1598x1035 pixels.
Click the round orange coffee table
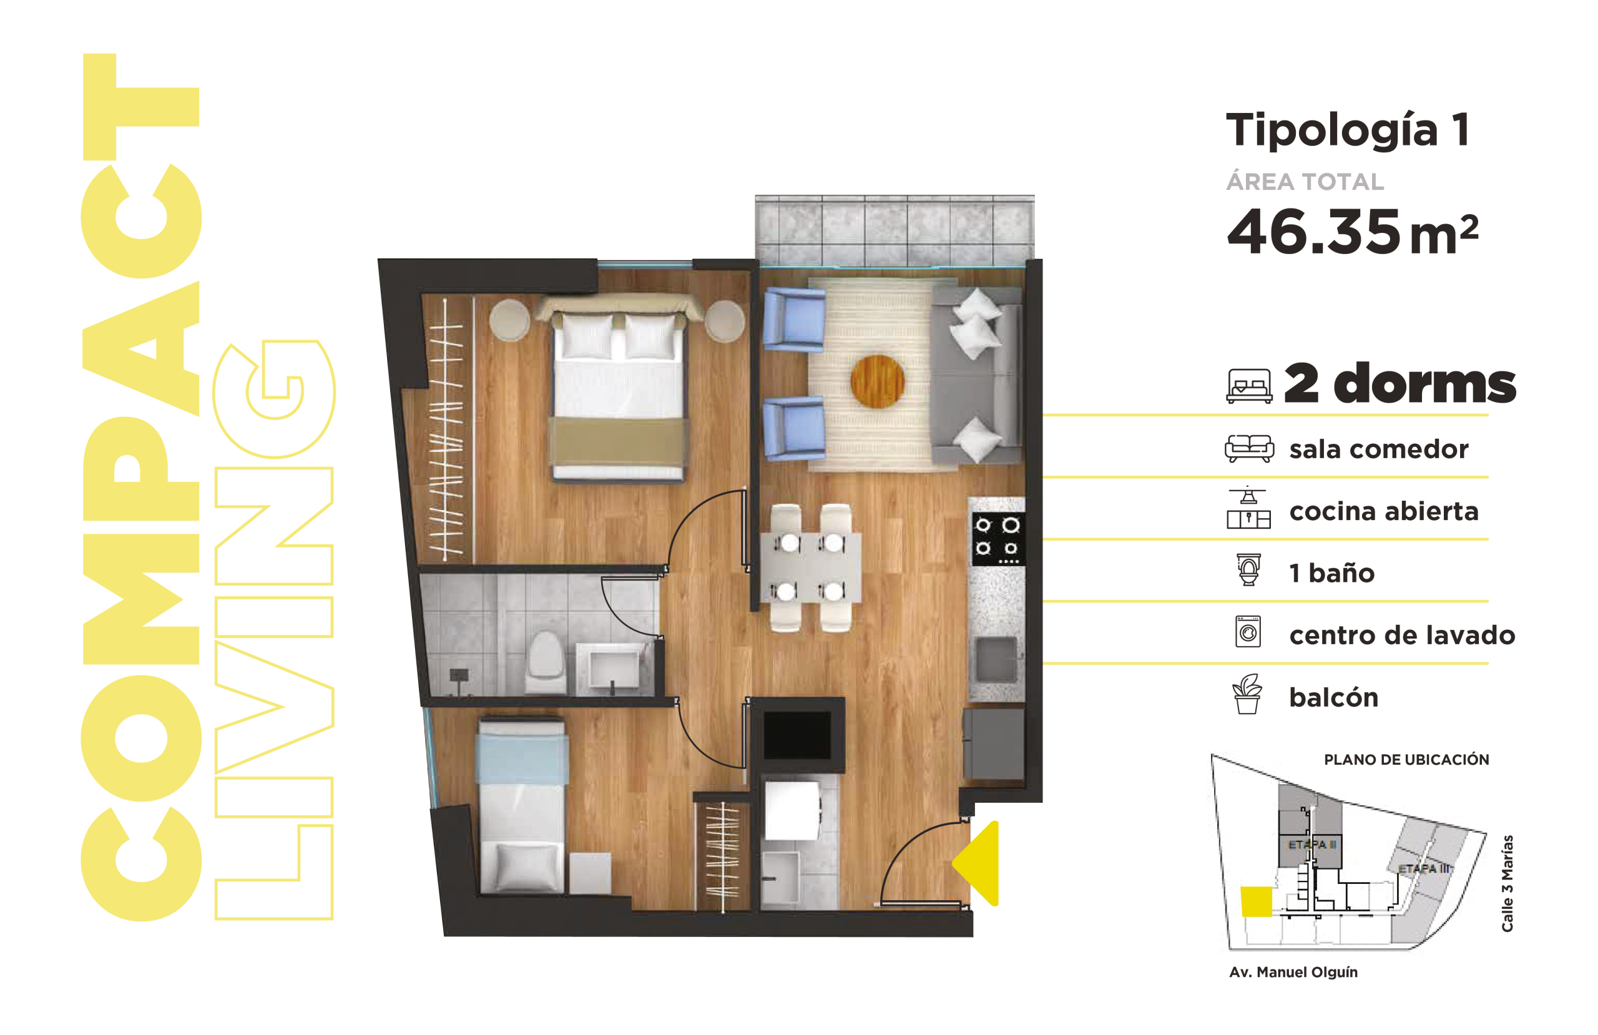click(877, 381)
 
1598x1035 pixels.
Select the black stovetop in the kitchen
click(998, 538)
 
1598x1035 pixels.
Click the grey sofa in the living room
click(978, 375)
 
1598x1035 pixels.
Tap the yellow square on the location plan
click(1255, 901)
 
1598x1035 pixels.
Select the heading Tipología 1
click(1348, 130)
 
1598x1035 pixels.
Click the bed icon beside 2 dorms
click(1249, 386)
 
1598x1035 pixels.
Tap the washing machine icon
click(1248, 631)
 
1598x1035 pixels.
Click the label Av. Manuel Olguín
click(1293, 972)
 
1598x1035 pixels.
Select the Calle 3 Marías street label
click(1507, 883)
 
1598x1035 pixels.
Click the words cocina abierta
click(1384, 511)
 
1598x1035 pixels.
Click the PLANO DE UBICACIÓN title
click(1406, 760)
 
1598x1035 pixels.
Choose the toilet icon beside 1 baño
click(1249, 569)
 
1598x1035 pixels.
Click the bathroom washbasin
click(612, 670)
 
